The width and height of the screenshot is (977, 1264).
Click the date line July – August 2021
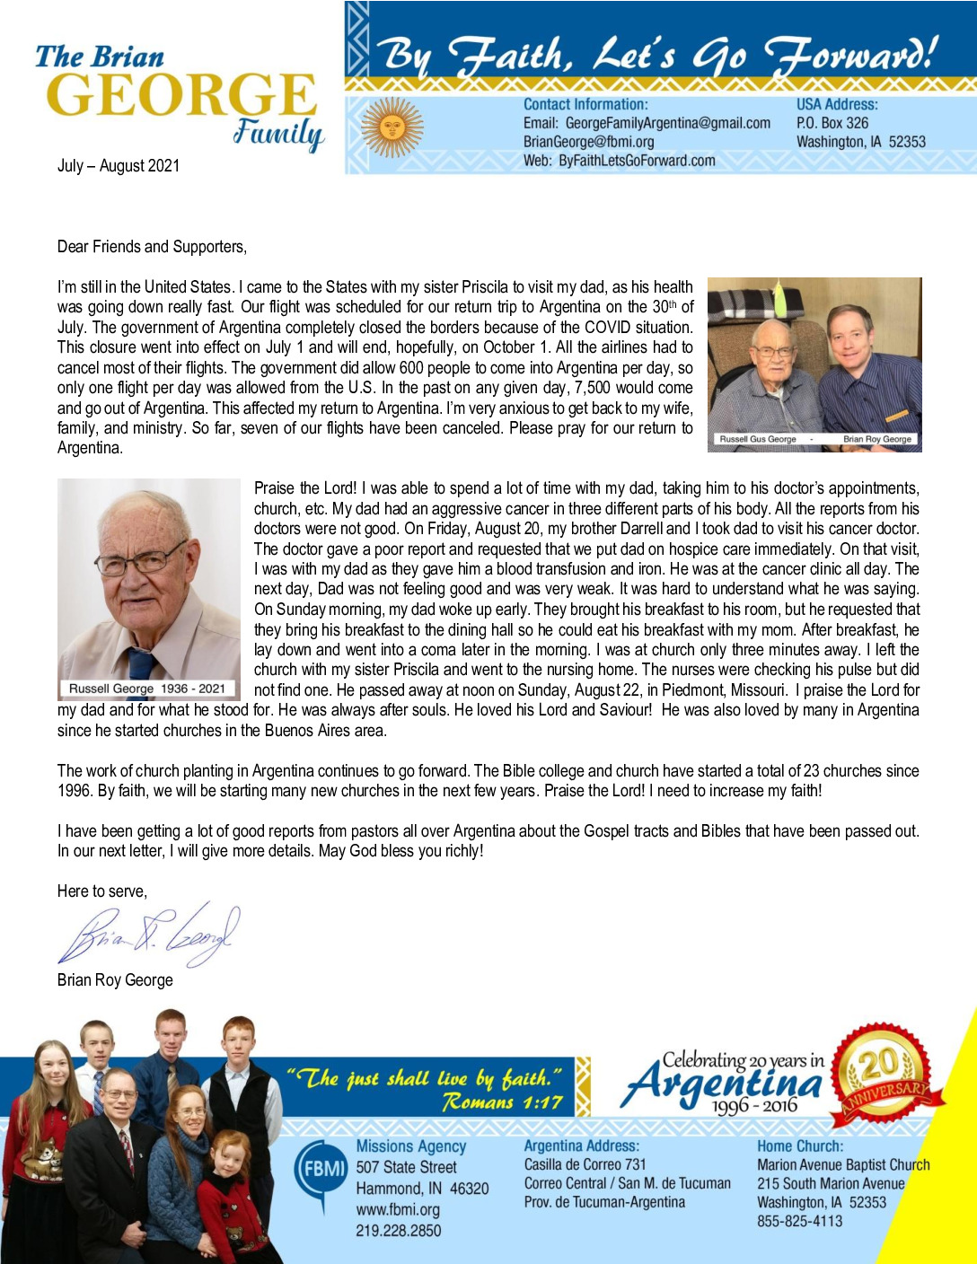(119, 166)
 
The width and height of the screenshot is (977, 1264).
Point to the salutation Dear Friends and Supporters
(152, 247)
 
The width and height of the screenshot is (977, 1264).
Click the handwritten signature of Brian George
(149, 936)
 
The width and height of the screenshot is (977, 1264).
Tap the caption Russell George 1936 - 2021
(147, 689)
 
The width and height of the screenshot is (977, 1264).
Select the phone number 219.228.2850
(398, 1230)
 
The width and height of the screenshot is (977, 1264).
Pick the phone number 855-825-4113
(799, 1221)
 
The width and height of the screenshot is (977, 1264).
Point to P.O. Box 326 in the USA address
(832, 123)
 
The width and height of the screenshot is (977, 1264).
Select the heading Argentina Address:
(581, 1146)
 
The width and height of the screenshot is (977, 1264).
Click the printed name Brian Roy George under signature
(115, 980)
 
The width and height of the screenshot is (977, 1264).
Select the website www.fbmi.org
(398, 1209)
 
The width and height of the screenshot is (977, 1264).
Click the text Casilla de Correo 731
(585, 1164)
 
